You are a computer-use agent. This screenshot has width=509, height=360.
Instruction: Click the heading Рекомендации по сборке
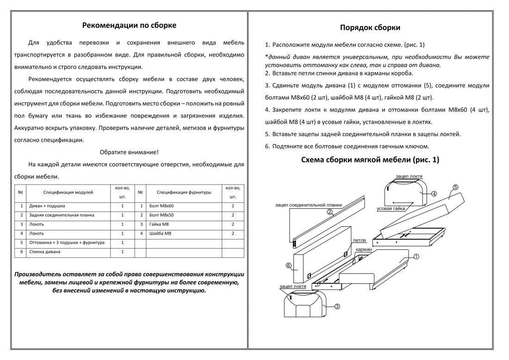click(x=129, y=25)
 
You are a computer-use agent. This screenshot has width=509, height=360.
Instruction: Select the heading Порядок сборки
click(x=370, y=27)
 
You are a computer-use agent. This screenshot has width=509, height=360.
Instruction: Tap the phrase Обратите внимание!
click(x=129, y=152)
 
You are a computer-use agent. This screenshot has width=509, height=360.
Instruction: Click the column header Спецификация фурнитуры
click(x=184, y=192)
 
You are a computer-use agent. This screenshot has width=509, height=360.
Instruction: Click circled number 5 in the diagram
click(x=455, y=187)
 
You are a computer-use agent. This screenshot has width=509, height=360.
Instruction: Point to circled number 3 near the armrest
click(x=337, y=306)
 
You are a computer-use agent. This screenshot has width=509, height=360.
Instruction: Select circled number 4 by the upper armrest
click(x=434, y=193)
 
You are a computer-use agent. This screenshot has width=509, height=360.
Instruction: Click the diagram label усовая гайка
click(x=391, y=209)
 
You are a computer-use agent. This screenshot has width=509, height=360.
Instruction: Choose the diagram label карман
click(x=364, y=249)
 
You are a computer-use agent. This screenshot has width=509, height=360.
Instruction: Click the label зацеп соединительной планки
click(x=308, y=205)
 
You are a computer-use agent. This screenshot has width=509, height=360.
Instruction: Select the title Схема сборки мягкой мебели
click(x=370, y=160)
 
